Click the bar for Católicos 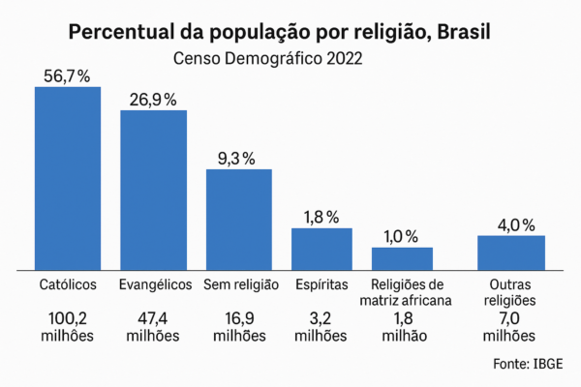[68, 177]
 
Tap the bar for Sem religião [238, 219]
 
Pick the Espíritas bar [321, 249]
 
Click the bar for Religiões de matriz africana [402, 257]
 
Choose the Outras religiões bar [510, 252]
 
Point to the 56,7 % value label [68, 76]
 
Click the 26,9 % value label [153, 99]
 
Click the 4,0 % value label [514, 224]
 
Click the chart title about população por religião [280, 32]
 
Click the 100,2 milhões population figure [68, 326]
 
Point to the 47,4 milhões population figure [153, 326]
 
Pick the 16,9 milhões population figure [238, 326]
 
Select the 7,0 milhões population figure [509, 326]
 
